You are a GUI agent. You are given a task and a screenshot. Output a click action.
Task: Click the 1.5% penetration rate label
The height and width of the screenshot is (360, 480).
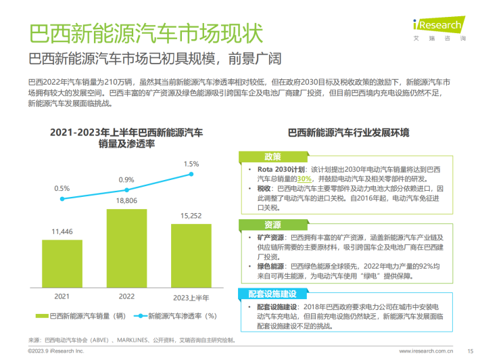pyautogui.click(x=191, y=163)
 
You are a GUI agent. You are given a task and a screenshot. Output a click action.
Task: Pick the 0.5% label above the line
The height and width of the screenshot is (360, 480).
pyautogui.click(x=62, y=188)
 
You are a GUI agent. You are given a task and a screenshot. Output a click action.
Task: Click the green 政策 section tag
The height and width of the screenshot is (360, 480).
pyautogui.click(x=272, y=156)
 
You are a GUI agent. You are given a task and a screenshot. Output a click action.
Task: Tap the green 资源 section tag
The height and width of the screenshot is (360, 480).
pyautogui.click(x=272, y=225)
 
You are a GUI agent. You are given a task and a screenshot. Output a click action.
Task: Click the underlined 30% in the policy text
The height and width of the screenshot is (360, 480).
pyautogui.click(x=304, y=179)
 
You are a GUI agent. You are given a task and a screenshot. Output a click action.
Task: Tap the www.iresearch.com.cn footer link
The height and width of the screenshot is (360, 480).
pyautogui.click(x=425, y=351)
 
